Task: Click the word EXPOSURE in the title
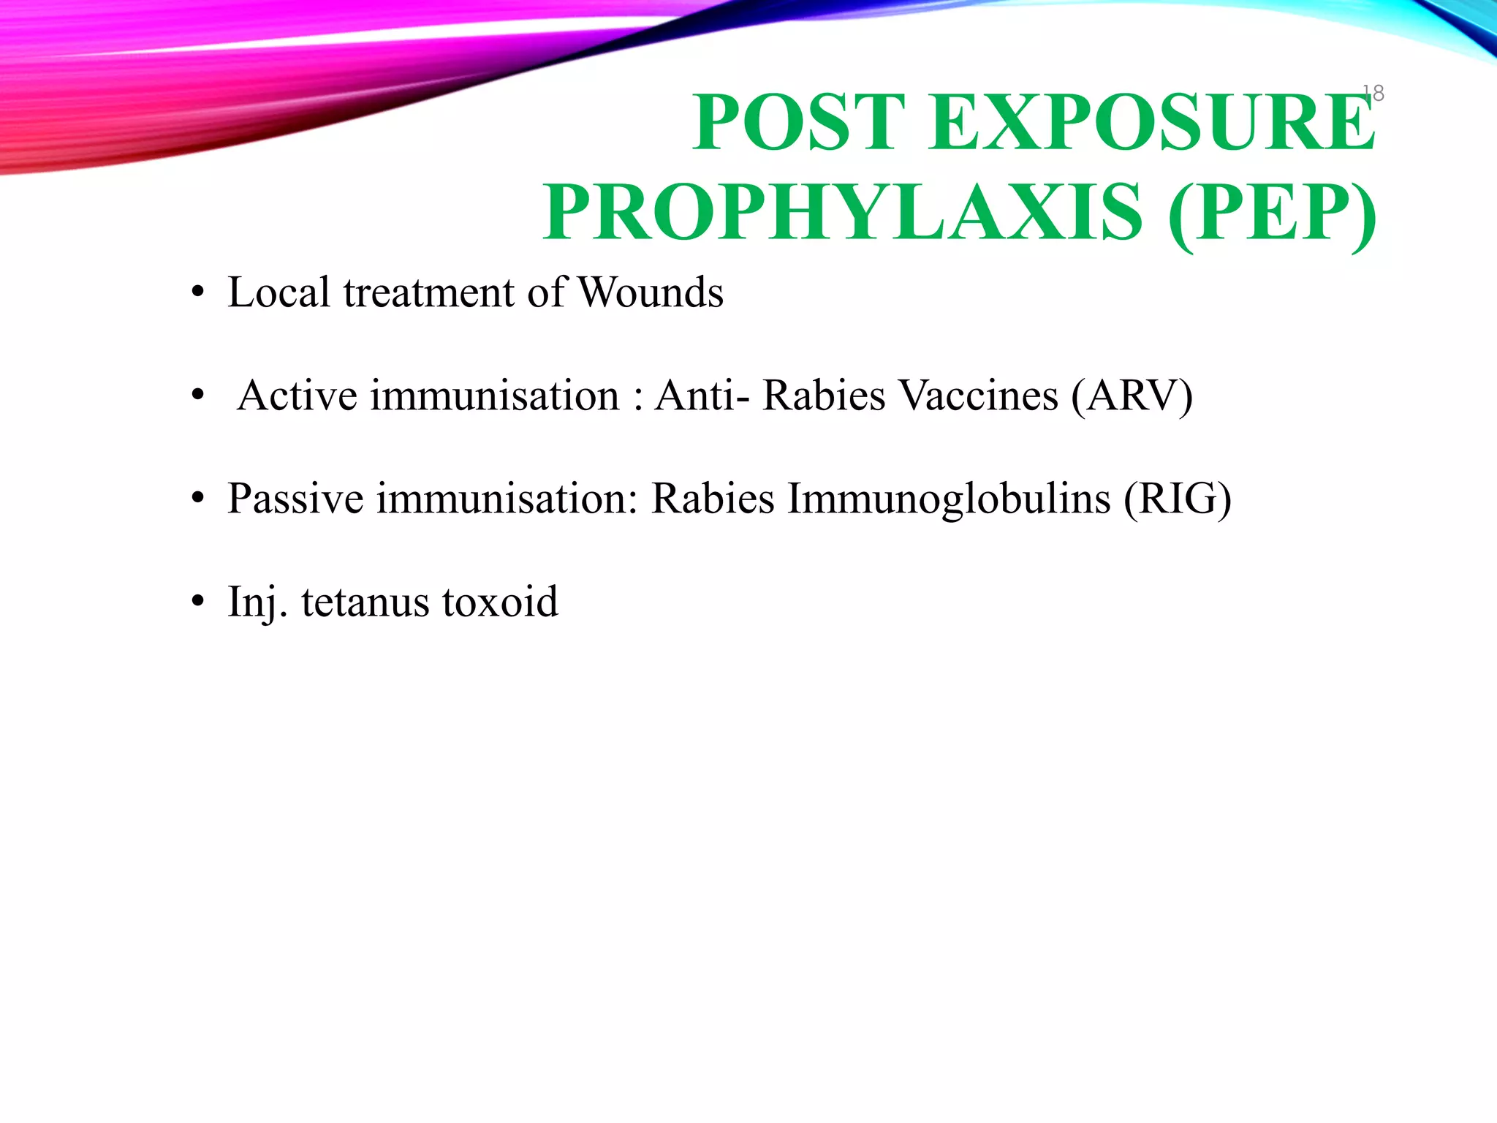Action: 1152,122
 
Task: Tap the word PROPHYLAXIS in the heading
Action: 842,213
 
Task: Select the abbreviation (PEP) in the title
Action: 1272,213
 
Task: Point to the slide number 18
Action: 1373,93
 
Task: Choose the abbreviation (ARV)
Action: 1132,396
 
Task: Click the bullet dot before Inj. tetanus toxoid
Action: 197,603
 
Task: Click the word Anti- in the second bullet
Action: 702,396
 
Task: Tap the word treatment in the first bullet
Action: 429,292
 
